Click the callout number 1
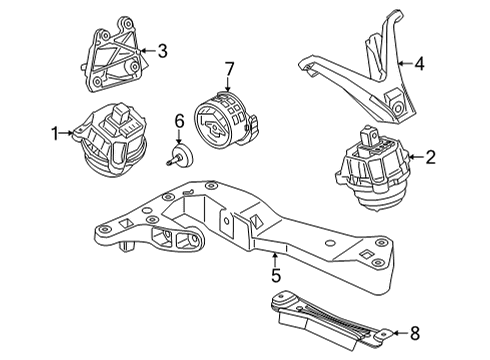[x=55, y=133]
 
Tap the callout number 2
[x=430, y=157]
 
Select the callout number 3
[x=162, y=51]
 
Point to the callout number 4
[x=419, y=63]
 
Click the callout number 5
[x=276, y=275]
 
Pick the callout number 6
[x=179, y=121]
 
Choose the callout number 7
[x=229, y=69]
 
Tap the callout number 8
[x=414, y=333]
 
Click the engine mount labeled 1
[x=111, y=140]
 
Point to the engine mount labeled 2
[x=372, y=168]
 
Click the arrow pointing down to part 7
[x=228, y=84]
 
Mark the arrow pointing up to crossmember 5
[x=275, y=260]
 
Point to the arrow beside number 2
[x=416, y=157]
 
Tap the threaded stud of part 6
[x=172, y=161]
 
